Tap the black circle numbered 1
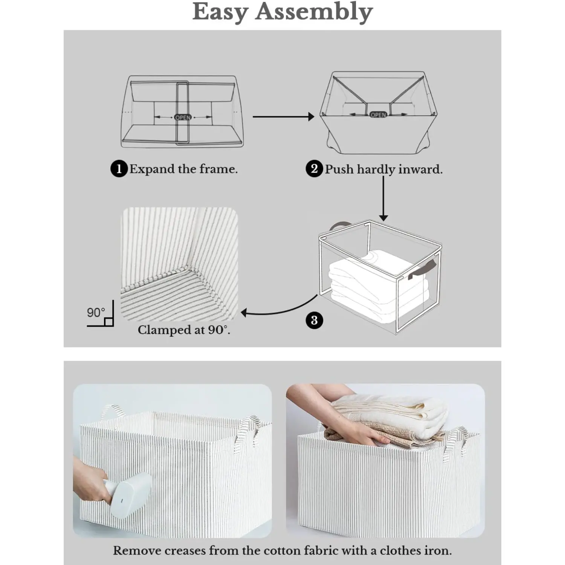[119, 169]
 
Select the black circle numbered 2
[314, 169]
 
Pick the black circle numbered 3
[314, 321]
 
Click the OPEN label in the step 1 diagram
[183, 118]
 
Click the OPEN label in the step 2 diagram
[378, 115]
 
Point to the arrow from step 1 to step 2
[282, 117]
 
